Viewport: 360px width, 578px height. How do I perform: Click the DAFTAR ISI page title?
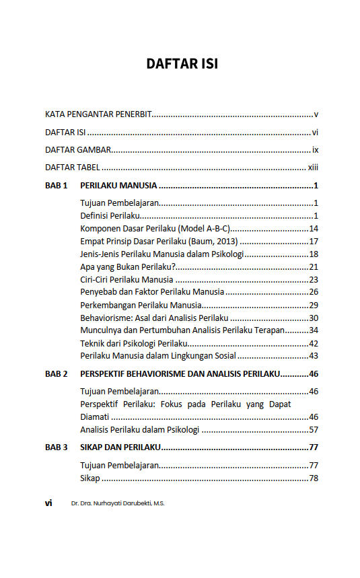182,65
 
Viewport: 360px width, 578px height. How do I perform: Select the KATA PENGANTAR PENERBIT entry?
98,115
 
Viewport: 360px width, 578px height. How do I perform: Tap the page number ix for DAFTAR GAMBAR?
314,150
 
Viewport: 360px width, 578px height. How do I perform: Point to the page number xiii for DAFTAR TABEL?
313,168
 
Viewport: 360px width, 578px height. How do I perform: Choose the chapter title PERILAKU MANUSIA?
118,186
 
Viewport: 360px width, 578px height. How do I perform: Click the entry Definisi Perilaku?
110,216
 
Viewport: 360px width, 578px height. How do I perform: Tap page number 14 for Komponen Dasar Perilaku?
314,229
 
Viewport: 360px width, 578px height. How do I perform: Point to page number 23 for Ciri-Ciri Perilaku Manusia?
314,280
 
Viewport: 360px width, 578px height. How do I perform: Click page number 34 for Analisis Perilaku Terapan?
314,330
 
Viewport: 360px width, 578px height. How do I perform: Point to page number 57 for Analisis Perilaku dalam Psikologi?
314,430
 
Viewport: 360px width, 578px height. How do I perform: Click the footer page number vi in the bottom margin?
48,503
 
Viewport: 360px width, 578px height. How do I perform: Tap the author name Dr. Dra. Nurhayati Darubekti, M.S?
117,503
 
